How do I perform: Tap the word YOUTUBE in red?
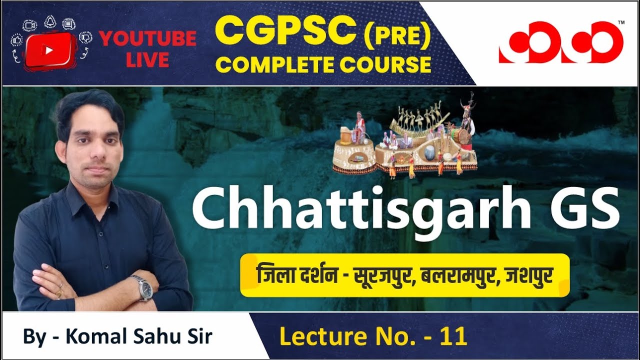[x=147, y=39]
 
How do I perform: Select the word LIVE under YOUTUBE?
[x=147, y=60]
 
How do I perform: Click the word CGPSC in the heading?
[x=281, y=31]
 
